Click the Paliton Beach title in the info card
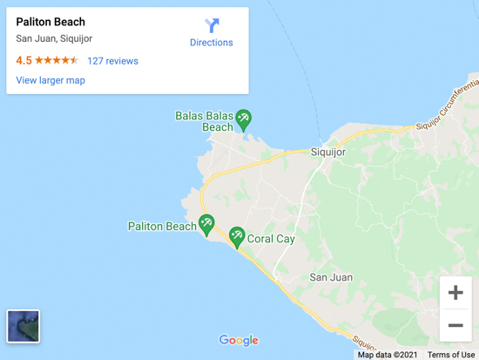click(51, 22)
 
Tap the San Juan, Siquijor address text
click(54, 38)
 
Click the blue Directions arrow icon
click(212, 25)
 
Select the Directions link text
click(212, 43)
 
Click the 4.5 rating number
click(24, 61)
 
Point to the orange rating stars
click(57, 61)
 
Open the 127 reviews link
click(112, 61)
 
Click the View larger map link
click(51, 80)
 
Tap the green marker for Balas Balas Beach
click(244, 118)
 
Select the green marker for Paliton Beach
click(206, 225)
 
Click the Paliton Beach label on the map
click(162, 227)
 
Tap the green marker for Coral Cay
click(236, 236)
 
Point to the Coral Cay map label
click(271, 238)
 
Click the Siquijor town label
click(328, 152)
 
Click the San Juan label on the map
click(332, 277)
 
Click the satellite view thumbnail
click(24, 326)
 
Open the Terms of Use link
click(450, 355)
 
